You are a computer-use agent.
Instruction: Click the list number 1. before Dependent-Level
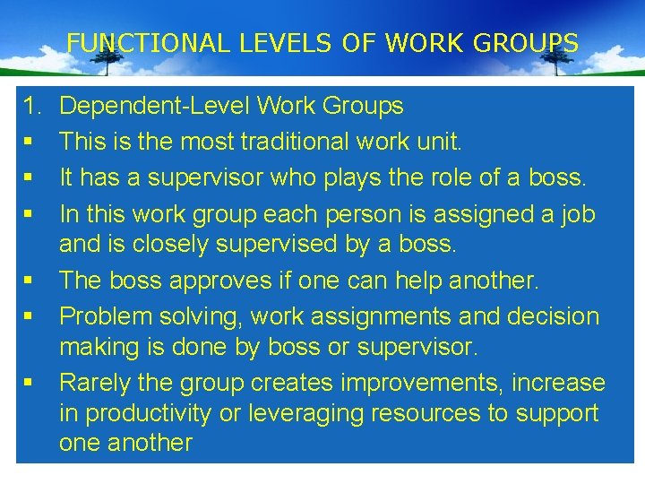[33, 107]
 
